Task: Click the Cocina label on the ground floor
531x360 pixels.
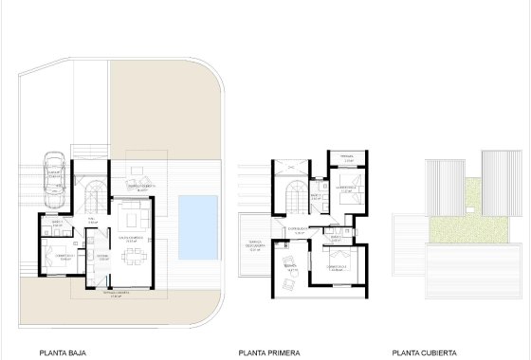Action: pos(102,254)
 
